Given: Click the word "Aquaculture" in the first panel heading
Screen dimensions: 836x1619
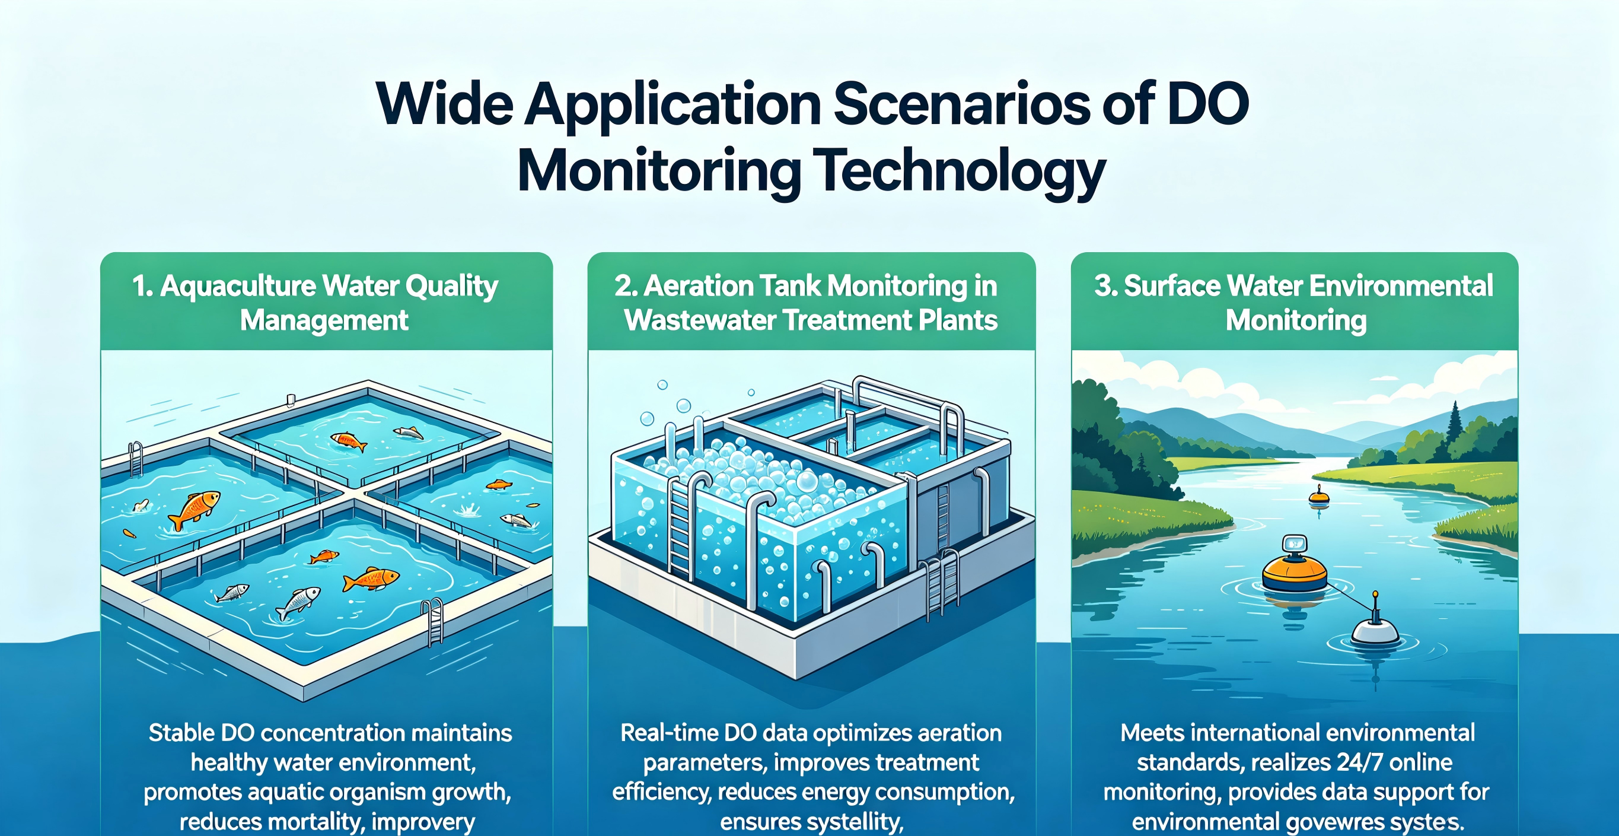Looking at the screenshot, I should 238,286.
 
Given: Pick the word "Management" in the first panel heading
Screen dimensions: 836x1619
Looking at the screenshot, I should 324,320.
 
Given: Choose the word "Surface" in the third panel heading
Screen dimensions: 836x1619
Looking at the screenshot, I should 1171,286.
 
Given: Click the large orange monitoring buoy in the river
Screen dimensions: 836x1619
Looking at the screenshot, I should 1295,572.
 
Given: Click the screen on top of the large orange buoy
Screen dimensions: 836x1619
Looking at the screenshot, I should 1294,543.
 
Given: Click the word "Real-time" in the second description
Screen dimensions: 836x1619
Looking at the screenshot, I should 667,733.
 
